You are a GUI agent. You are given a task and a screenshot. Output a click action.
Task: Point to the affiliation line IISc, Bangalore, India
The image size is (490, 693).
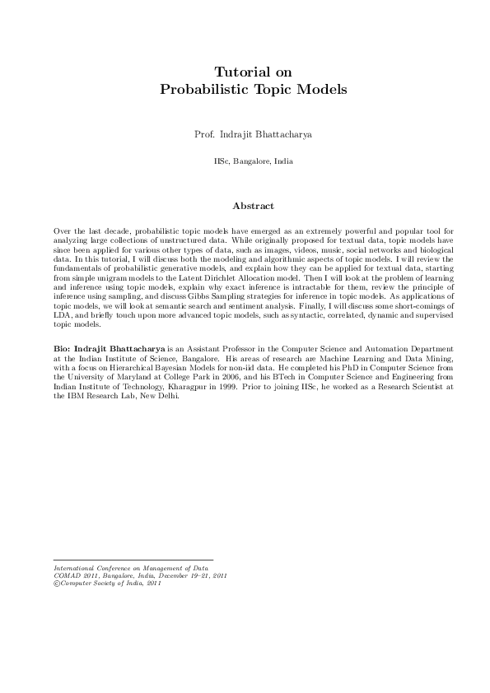(x=245, y=161)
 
